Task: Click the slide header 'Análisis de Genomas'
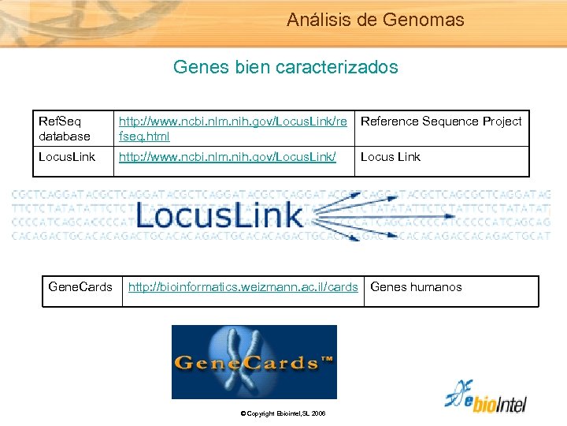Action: (x=375, y=20)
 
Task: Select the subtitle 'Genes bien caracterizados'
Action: (x=285, y=67)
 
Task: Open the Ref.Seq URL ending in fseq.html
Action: (x=232, y=129)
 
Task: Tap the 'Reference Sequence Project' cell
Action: (x=441, y=121)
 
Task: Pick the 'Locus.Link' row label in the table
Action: (x=67, y=156)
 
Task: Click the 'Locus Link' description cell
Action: (x=391, y=156)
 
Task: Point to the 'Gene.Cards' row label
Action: (x=80, y=286)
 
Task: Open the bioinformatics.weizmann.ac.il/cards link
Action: (x=243, y=286)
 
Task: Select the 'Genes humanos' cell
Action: (x=416, y=286)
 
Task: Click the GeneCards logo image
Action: (x=254, y=362)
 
